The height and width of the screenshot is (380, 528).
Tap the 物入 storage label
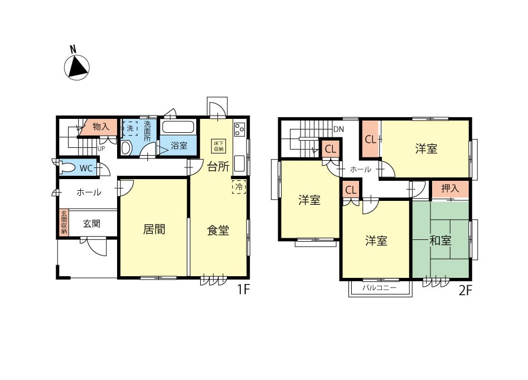[101, 127]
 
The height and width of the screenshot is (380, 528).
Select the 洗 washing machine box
[130, 128]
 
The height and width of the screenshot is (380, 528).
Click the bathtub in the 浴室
[178, 128]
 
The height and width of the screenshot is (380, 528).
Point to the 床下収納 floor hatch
[219, 146]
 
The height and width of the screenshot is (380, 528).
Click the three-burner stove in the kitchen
[240, 129]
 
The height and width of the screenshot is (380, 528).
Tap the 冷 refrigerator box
[239, 187]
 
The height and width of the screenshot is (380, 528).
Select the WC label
[86, 168]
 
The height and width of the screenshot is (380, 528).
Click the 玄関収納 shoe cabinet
[64, 223]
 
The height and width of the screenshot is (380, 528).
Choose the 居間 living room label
[154, 229]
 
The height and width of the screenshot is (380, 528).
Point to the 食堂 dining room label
[218, 230]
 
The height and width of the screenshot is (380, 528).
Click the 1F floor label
[243, 290]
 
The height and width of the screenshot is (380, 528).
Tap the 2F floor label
[466, 290]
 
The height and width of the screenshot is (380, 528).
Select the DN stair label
[339, 129]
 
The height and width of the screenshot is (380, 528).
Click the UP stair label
[101, 148]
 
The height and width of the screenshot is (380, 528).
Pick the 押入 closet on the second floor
[450, 189]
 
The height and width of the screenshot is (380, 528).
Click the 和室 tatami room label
[440, 240]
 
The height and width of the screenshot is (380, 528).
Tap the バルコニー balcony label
[380, 288]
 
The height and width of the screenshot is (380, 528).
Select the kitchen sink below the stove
[240, 163]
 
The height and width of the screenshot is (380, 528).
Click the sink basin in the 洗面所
[126, 147]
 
